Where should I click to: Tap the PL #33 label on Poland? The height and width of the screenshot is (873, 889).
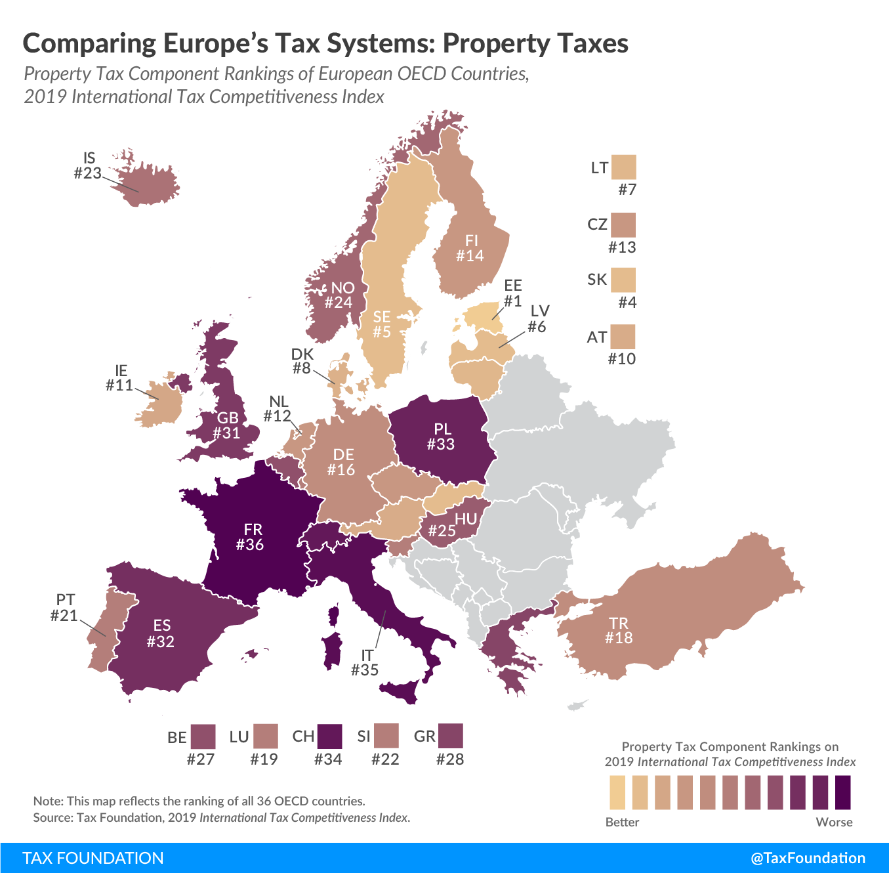pos(441,436)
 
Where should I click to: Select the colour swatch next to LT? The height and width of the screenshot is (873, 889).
pos(623,167)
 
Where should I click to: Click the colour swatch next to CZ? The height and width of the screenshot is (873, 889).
pos(623,225)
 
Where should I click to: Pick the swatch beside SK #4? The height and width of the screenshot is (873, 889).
pos(623,280)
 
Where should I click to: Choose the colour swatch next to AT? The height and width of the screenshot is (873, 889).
pos(623,337)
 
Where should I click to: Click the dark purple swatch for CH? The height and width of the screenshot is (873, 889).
pos(329,736)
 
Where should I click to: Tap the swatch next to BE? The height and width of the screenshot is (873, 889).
pos(203,736)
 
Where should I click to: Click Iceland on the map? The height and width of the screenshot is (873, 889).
pos(148,184)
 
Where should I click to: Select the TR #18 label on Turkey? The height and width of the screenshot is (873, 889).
pos(619,630)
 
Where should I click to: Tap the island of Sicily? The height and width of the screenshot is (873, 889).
pos(400,691)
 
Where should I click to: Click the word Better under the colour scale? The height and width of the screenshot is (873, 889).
pos(622,822)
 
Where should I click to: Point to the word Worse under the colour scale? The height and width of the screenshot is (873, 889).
pos(834,822)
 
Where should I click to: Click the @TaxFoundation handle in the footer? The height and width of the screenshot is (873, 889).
pos(808,858)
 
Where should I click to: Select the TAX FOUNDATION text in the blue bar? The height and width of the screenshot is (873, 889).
pos(93,858)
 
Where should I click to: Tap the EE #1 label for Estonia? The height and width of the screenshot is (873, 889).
pos(512,293)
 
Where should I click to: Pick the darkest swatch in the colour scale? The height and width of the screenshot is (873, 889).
pos(843,792)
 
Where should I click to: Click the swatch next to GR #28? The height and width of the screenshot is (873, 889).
pos(450,736)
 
